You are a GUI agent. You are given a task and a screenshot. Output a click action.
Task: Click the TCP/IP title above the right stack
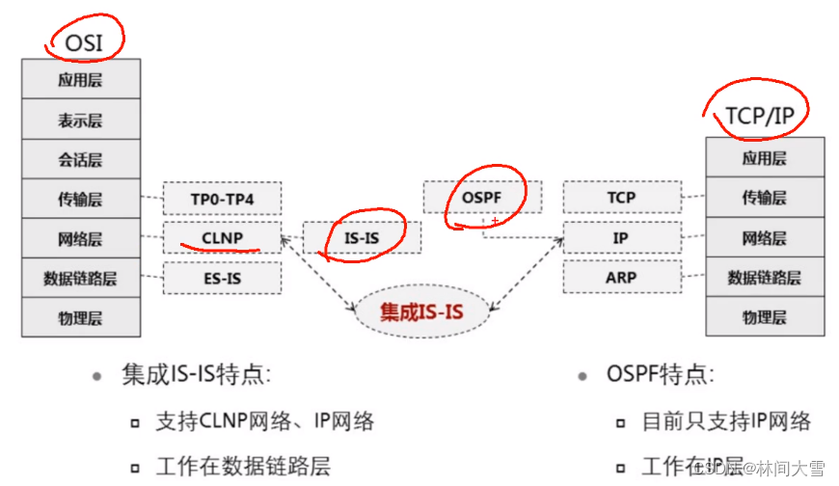[x=759, y=116]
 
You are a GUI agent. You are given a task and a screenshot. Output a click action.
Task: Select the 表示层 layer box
[x=81, y=120]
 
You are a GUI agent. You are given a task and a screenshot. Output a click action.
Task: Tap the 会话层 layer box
[x=81, y=159]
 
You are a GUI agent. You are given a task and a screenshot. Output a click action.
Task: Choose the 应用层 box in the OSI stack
[x=81, y=80]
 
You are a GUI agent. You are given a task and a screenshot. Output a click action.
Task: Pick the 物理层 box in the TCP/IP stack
[x=765, y=316]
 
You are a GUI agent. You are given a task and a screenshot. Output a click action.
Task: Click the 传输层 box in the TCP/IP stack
[x=765, y=198]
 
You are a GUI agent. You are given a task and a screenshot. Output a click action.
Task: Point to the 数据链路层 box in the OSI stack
[x=81, y=278]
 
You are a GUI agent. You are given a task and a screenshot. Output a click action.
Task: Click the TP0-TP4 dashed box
[x=222, y=199]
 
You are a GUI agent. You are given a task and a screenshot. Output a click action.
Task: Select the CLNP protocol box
[x=222, y=237]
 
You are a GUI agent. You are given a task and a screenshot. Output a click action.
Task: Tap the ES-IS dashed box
[x=222, y=278]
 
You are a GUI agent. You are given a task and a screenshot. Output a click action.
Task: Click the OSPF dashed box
[x=481, y=197]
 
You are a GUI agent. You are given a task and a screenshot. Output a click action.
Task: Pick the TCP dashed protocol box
[x=622, y=198]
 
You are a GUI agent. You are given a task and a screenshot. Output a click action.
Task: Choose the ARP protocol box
[x=622, y=278]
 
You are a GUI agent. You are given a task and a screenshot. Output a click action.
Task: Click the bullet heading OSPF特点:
[x=652, y=374]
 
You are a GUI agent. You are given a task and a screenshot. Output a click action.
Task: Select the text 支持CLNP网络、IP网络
[x=263, y=421]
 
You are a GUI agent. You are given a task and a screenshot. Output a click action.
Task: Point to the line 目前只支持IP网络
[x=726, y=421]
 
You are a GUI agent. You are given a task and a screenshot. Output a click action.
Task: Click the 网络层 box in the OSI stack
[x=81, y=237]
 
